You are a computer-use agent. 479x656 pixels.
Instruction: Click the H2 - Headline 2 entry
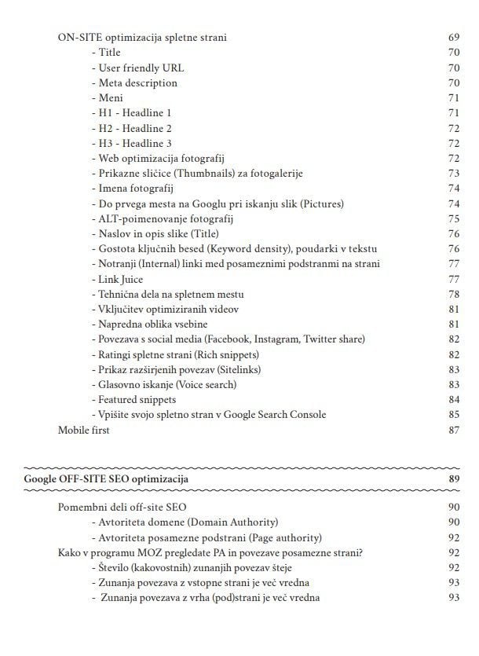[x=131, y=128]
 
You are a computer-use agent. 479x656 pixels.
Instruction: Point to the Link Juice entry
[x=117, y=279]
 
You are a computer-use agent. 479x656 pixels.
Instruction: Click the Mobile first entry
[x=84, y=430]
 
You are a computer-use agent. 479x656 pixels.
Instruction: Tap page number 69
[x=453, y=38]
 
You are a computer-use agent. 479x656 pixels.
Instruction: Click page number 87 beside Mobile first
[x=453, y=430]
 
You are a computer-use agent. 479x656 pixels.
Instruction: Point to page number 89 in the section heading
[x=453, y=478]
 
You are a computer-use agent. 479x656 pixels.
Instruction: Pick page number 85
[x=453, y=415]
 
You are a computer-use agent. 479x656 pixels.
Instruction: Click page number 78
[x=453, y=294]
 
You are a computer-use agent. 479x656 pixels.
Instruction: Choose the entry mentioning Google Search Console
[x=209, y=415]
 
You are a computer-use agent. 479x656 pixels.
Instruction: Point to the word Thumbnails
[x=194, y=174]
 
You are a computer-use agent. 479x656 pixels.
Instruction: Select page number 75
[x=453, y=218]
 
